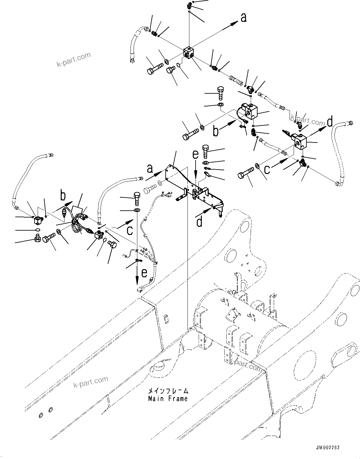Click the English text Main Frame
click(168, 399)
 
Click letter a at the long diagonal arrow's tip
click(243, 17)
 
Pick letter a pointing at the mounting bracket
click(150, 169)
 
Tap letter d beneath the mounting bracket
click(200, 221)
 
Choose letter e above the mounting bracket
click(195, 154)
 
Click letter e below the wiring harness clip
click(144, 273)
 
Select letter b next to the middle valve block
click(216, 131)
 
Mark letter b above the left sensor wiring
click(63, 196)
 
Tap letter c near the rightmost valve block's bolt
click(267, 169)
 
